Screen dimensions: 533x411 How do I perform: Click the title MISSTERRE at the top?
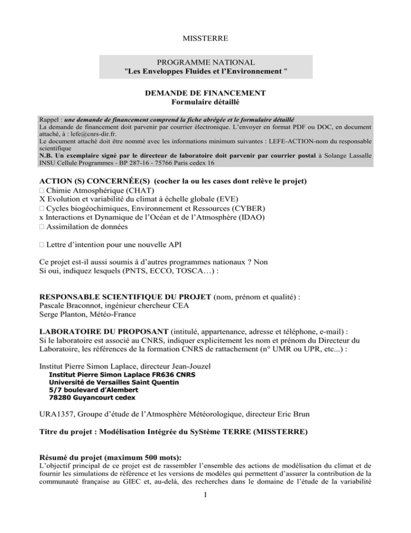[x=205, y=40]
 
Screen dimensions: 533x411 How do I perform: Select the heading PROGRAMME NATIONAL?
[x=205, y=63]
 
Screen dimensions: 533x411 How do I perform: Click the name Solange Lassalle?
[x=346, y=159]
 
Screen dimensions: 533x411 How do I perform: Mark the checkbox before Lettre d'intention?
[x=43, y=245]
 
